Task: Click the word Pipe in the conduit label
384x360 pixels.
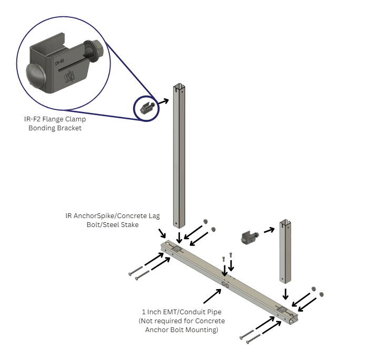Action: [x=211, y=312]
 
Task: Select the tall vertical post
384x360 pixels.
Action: [x=179, y=158]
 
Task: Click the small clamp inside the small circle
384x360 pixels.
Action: [x=147, y=109]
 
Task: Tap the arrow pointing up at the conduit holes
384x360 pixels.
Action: [x=213, y=295]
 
